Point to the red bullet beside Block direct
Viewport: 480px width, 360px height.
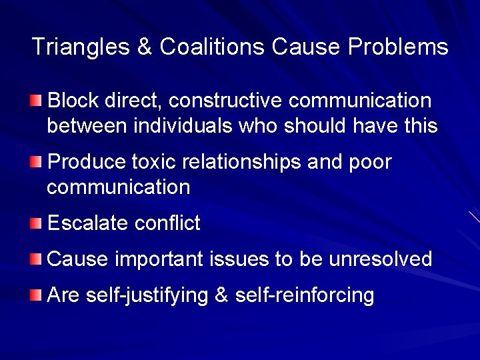35,101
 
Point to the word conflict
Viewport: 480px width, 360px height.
167,223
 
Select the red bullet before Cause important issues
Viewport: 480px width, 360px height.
35,259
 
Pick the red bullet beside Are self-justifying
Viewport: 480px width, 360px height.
35,294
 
